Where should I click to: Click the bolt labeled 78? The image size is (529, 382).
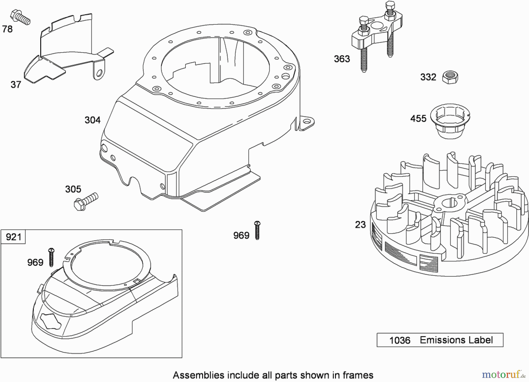tap(21, 17)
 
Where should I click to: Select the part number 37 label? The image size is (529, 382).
tap(16, 85)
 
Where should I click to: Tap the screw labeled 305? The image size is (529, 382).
tap(85, 201)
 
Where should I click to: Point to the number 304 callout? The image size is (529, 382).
tap(93, 120)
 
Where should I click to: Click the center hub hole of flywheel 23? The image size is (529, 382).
tap(449, 202)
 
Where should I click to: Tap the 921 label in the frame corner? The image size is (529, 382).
tap(13, 237)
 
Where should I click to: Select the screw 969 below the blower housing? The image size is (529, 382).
tap(257, 230)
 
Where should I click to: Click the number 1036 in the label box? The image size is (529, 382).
tap(399, 340)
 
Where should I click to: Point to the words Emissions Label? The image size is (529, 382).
tap(456, 340)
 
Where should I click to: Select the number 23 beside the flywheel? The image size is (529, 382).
tap(360, 225)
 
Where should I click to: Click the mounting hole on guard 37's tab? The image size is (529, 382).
tap(100, 72)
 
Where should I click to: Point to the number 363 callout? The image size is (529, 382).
tap(342, 59)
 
